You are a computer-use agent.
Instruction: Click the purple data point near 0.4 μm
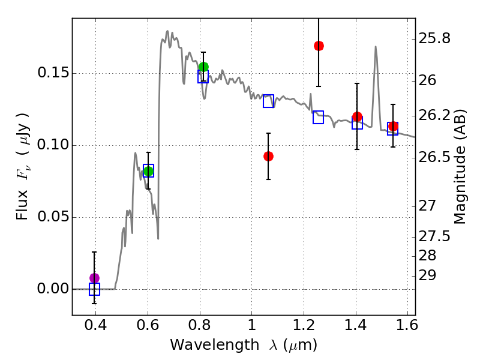[x=94, y=278]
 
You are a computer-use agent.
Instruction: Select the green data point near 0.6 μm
[x=148, y=171]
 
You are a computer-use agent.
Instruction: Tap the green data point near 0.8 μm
[x=203, y=67]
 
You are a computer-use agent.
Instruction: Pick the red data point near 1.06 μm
[x=268, y=156]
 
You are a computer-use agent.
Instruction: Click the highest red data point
[x=319, y=46]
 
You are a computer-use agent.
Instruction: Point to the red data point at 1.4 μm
[x=357, y=116]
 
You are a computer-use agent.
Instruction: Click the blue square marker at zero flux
[x=94, y=289]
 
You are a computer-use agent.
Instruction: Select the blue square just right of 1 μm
[x=268, y=101]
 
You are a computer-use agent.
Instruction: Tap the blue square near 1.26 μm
[x=318, y=118]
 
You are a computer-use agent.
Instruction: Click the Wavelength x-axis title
[x=243, y=345]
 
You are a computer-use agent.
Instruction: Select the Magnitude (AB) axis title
[x=460, y=165]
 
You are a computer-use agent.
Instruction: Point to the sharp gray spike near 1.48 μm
[x=376, y=48]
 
